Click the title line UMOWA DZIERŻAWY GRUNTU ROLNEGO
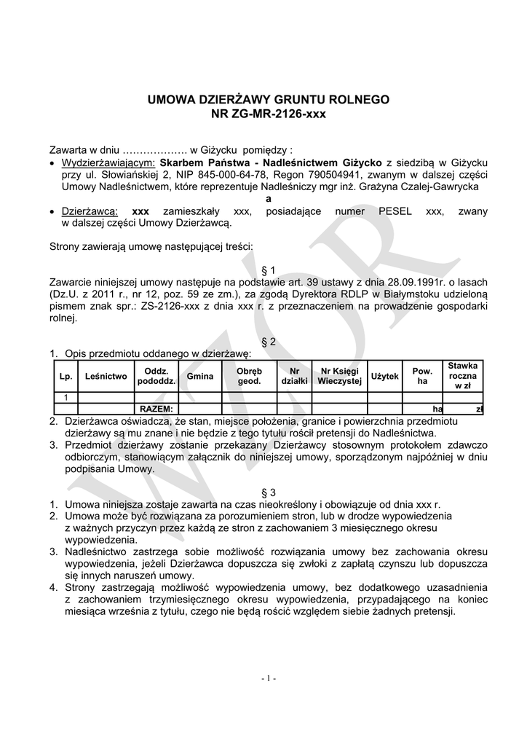tap(269, 99)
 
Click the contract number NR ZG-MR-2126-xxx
tap(269, 114)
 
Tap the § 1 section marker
tap(269, 270)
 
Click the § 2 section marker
tap(269, 341)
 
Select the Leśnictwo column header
tap(106, 377)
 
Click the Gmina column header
tap(200, 377)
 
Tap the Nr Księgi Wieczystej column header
tap(339, 377)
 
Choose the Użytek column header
tap(385, 377)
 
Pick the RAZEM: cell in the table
tap(156, 409)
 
